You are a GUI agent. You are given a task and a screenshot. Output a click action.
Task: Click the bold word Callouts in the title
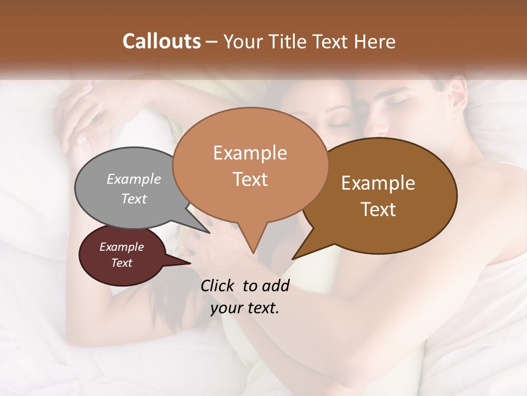click(x=161, y=41)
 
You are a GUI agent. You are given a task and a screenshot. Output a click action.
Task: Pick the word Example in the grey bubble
click(x=133, y=179)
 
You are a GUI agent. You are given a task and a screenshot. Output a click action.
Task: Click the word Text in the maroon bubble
click(x=121, y=263)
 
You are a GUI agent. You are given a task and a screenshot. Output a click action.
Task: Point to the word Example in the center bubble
click(x=250, y=153)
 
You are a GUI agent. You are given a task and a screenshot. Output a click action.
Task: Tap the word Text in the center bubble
click(x=250, y=179)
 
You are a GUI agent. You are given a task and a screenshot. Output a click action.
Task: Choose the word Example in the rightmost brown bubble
click(x=378, y=183)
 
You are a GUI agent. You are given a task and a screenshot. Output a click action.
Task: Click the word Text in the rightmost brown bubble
click(x=378, y=210)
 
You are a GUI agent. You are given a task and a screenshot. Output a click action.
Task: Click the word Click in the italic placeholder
click(x=219, y=285)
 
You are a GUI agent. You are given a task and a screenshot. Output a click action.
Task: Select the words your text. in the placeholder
click(x=245, y=309)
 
